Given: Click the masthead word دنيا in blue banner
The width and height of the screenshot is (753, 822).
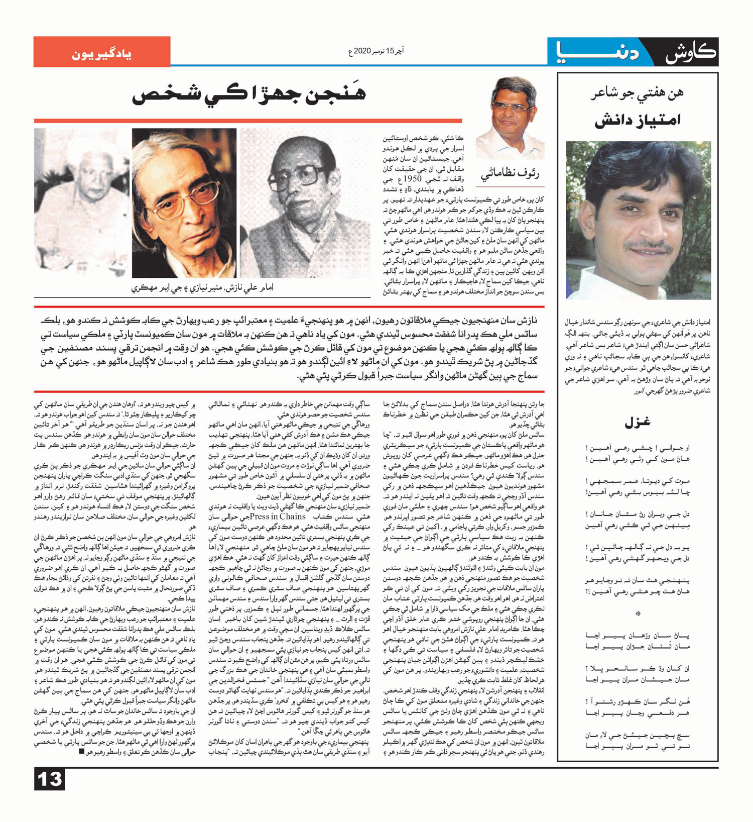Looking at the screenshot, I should pyautogui.click(x=598, y=52).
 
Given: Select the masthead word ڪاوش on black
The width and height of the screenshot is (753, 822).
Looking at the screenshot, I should pyautogui.click(x=691, y=52).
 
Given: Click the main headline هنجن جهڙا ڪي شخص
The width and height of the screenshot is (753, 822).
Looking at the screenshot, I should pyautogui.click(x=249, y=94).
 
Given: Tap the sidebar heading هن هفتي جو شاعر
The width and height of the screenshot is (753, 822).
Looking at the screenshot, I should pyautogui.click(x=637, y=94).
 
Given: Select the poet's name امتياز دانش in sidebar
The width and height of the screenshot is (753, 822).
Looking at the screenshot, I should pyautogui.click(x=637, y=121).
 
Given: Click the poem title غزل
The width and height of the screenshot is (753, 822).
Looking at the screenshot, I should pyautogui.click(x=638, y=423).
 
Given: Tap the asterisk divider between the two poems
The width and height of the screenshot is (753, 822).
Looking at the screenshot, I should pyautogui.click(x=638, y=613).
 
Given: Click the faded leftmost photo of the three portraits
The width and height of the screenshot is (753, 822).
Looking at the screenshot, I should pyautogui.click(x=81, y=201).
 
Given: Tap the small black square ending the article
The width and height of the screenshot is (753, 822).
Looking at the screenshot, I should pyautogui.click(x=82, y=752).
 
